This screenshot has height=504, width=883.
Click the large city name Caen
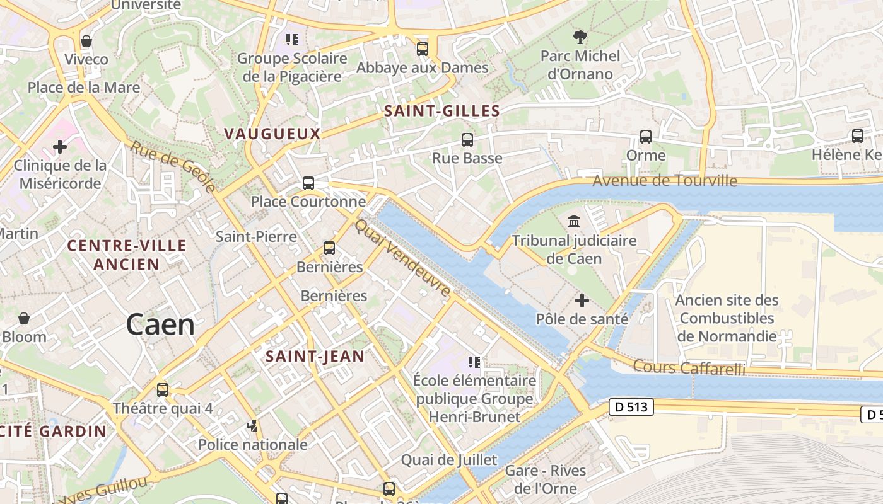[x=160, y=325]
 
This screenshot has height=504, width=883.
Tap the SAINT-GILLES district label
[x=442, y=112]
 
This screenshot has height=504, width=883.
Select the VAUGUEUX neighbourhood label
[x=272, y=134]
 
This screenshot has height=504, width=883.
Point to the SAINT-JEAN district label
[x=315, y=356]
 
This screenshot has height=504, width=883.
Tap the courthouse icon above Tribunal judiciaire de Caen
[x=574, y=222]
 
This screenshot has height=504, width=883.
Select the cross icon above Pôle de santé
[x=582, y=301]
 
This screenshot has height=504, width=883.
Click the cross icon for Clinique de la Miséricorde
[x=60, y=147]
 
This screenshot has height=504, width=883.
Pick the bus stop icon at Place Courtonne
[x=308, y=183]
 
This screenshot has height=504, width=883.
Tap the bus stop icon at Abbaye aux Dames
[x=423, y=49]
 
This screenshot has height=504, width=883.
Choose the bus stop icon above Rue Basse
[x=467, y=140]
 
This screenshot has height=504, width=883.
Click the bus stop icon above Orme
[x=645, y=137]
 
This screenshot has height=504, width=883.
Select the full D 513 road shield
[x=631, y=407]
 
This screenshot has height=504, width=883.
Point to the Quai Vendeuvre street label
[x=403, y=258]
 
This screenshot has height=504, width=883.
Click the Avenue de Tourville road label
[x=665, y=181]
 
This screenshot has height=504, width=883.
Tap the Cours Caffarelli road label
[x=689, y=367]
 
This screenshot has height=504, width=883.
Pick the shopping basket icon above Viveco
[x=86, y=41]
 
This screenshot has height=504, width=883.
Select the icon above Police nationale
[x=253, y=427]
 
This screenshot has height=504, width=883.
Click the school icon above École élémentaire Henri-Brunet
[x=474, y=362]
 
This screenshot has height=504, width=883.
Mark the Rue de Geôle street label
[x=173, y=166]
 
